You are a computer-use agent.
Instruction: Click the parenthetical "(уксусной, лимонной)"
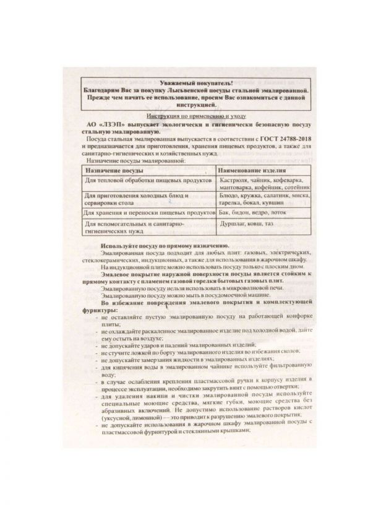pos(129,418)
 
